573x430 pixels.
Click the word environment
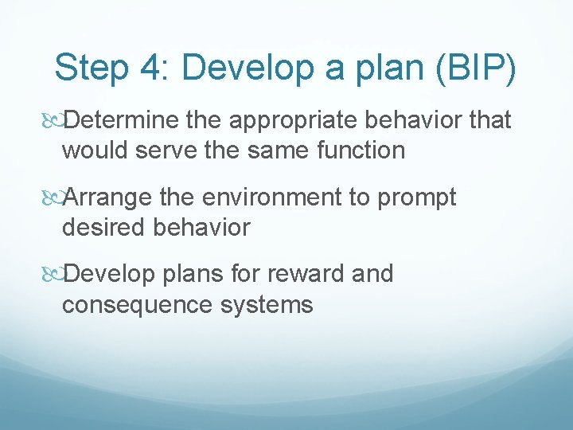click(x=272, y=197)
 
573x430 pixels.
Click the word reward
click(x=299, y=274)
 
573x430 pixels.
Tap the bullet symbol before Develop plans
click(x=52, y=274)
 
